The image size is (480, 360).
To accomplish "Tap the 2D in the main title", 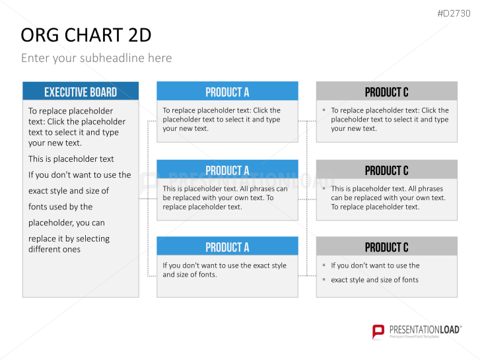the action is coord(140,35).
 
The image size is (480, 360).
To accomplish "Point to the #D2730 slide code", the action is coord(454,13).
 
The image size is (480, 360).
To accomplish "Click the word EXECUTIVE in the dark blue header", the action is coord(63,92).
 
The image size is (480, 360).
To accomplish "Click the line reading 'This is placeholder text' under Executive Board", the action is coord(71,159).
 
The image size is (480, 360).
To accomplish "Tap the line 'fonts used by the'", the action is coord(60,207).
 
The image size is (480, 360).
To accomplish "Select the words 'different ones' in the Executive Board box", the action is coord(55,250).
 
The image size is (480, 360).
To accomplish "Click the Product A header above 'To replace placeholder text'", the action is coord(227,92).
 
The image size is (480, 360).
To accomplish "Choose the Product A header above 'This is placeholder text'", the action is coord(227,170).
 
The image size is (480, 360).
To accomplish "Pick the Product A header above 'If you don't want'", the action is coord(227,246).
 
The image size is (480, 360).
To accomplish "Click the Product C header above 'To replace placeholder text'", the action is coord(387,92).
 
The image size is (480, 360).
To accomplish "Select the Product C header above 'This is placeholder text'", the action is coord(387,170).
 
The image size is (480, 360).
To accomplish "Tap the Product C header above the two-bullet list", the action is coord(387,246).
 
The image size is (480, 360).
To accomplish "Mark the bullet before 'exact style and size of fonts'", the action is coord(324,279).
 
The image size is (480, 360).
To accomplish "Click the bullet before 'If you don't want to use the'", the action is coord(324,265).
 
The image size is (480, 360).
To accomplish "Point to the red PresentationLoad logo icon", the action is coord(378,332).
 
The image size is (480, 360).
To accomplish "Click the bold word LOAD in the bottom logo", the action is coord(450,330).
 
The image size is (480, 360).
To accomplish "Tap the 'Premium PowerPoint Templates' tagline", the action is coord(414,337).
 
